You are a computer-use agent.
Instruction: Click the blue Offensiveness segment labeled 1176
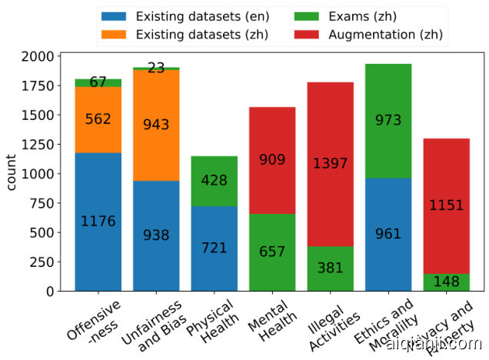(98, 222)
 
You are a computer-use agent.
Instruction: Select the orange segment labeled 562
(98, 119)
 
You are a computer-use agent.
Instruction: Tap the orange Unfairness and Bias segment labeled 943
(156, 125)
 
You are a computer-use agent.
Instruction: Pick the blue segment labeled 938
(156, 235)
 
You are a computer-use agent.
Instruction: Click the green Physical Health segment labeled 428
(214, 181)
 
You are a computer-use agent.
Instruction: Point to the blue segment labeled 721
(214, 248)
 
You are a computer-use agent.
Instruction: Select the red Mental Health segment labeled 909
(272, 160)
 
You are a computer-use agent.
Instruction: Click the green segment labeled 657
(272, 252)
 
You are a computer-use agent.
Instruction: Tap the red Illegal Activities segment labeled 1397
(330, 164)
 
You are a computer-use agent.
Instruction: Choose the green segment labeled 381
(330, 268)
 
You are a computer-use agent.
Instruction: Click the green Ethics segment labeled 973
(388, 121)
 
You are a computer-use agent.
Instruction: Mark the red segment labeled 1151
(446, 205)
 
